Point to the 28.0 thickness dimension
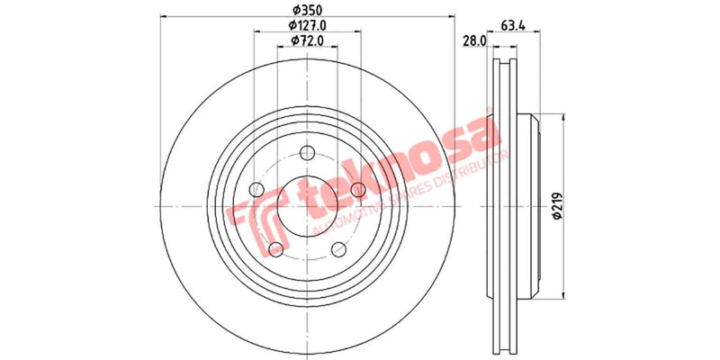coord(474,40)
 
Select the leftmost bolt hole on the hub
coord(256,189)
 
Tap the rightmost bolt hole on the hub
coord(358,189)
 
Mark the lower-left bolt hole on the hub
coord(275,248)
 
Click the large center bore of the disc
coord(308,205)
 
